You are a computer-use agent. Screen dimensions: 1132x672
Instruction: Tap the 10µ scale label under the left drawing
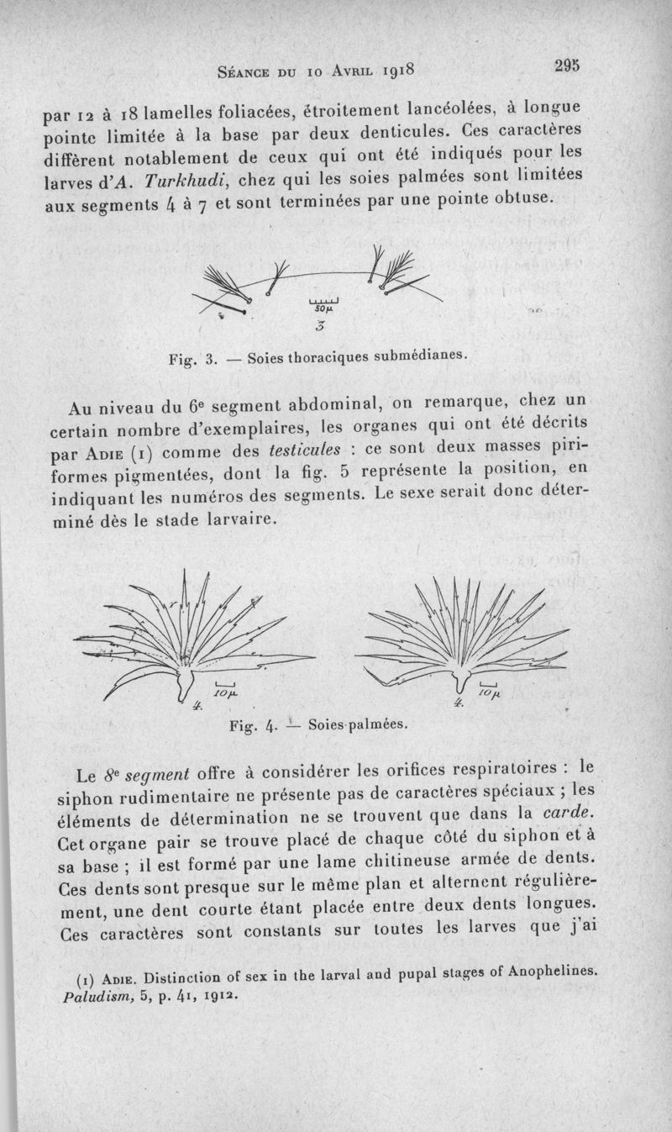tap(226, 694)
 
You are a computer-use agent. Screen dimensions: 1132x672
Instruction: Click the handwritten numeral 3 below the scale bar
tap(322, 326)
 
